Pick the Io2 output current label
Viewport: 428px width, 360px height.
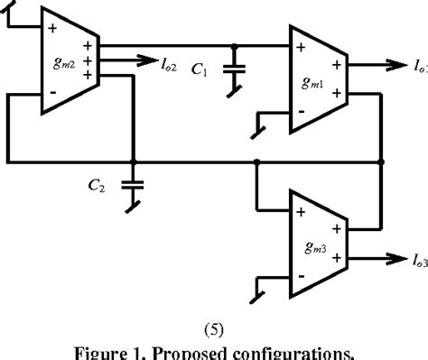point(170,64)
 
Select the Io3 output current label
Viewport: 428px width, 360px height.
point(418,263)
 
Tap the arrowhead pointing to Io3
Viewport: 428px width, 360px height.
point(395,256)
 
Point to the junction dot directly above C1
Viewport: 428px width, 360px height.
point(235,45)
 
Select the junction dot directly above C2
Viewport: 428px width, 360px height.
point(133,162)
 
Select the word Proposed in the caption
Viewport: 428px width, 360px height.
point(194,350)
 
